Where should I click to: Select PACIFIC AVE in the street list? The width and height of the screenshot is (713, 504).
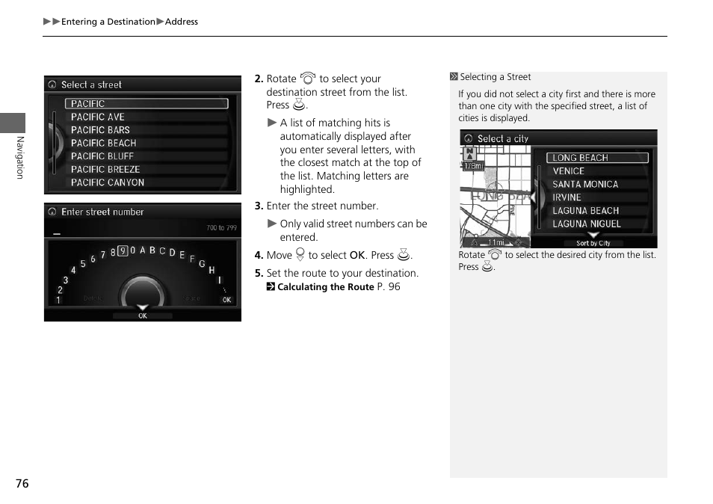(x=98, y=117)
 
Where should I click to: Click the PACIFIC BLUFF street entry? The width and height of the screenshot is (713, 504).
(x=102, y=156)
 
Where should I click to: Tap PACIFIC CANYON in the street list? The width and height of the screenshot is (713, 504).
(x=108, y=182)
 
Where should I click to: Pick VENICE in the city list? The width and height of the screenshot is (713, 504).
(x=569, y=171)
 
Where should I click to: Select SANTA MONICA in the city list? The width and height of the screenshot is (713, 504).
(x=585, y=185)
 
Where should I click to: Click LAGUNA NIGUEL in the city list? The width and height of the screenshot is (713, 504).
(x=587, y=224)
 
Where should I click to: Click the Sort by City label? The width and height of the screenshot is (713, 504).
(x=593, y=243)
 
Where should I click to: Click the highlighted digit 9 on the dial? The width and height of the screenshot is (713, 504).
(x=123, y=251)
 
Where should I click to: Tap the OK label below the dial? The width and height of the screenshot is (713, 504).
(x=143, y=316)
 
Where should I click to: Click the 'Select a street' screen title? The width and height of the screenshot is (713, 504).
(x=91, y=84)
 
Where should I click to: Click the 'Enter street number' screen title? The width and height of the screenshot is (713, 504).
(x=102, y=212)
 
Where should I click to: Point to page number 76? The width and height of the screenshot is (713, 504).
(x=22, y=484)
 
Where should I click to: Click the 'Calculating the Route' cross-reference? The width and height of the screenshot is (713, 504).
(x=325, y=287)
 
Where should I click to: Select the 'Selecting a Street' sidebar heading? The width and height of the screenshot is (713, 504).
(x=495, y=77)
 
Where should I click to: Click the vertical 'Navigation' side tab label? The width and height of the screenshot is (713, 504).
(x=20, y=158)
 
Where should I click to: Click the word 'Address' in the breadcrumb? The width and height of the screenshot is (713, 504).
(x=182, y=22)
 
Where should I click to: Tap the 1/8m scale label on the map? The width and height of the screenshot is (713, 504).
(x=473, y=166)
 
